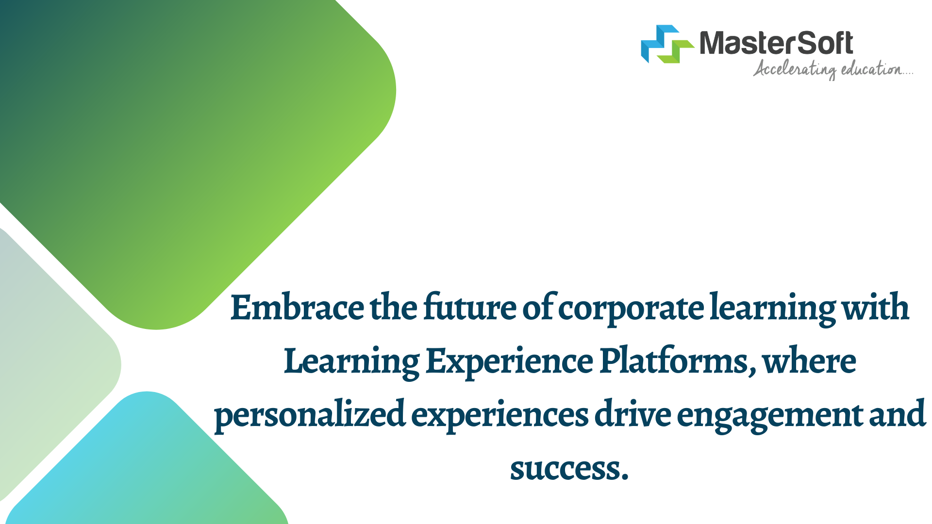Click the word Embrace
tap(297, 307)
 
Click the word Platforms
tap(678, 361)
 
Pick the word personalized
tap(310, 415)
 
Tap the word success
tap(569, 469)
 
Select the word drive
tap(633, 414)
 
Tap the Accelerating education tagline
tap(833, 69)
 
